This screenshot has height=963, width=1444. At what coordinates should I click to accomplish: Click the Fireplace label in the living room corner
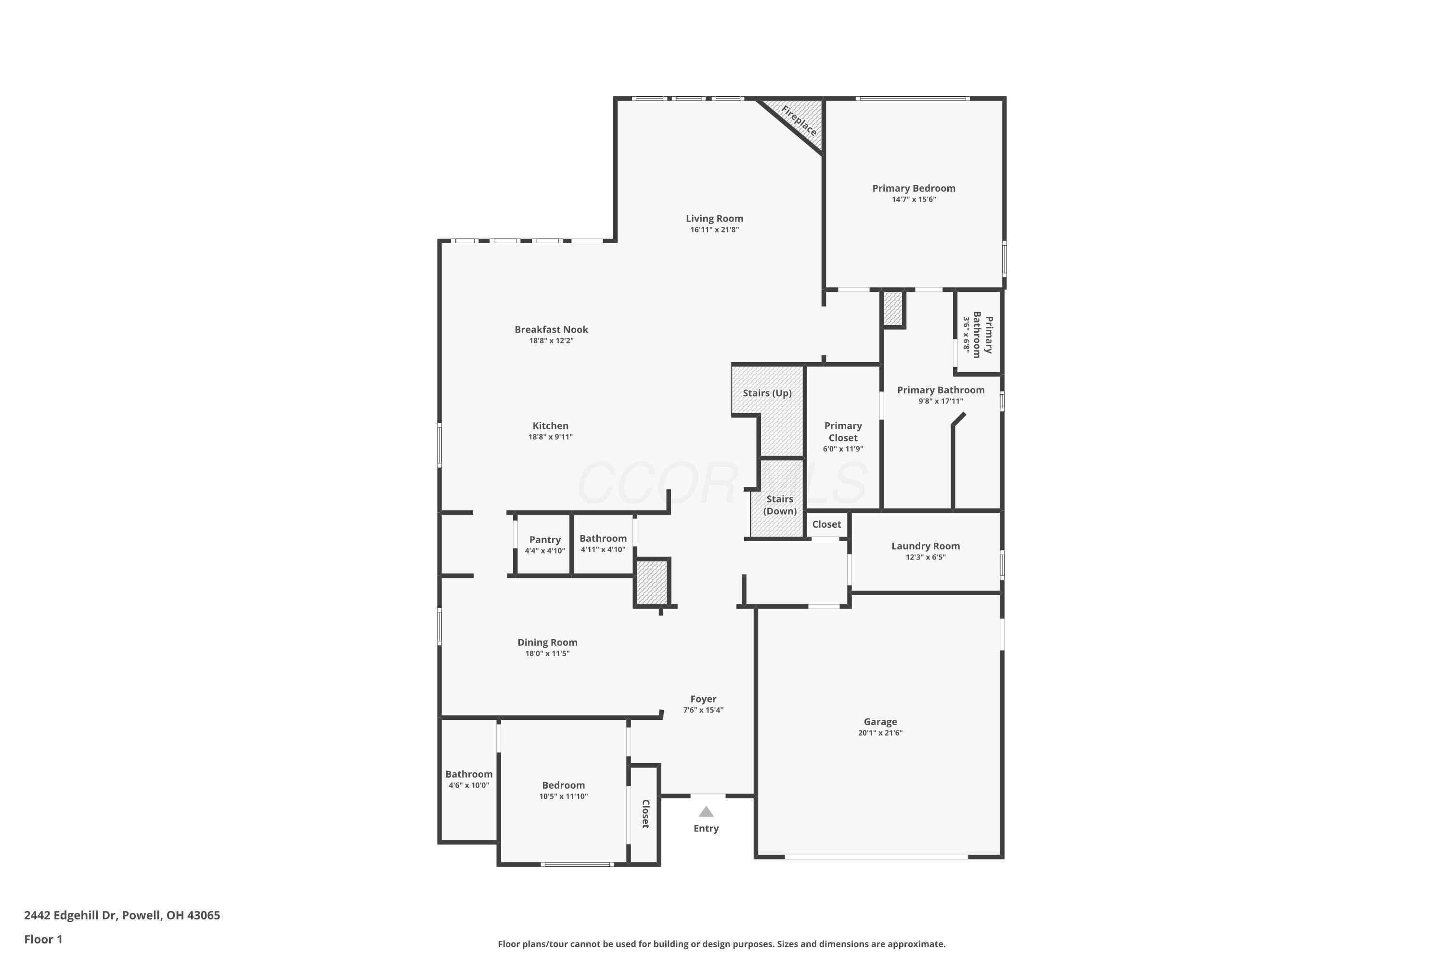[799, 120]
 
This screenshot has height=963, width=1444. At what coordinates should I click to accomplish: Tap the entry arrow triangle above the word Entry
[706, 812]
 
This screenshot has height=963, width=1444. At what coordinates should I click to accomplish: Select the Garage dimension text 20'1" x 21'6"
[880, 733]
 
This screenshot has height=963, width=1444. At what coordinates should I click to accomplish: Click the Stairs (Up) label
[767, 393]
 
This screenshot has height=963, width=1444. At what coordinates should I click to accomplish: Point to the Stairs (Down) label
[780, 505]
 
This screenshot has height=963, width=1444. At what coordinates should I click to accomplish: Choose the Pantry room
[544, 544]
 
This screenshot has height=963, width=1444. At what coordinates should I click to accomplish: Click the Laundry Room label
[925, 546]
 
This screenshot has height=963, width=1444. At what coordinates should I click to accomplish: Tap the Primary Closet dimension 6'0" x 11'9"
[843, 449]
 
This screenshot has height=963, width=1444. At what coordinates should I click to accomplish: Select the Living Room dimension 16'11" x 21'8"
[714, 230]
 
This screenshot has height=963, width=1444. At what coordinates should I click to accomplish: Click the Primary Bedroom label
[914, 189]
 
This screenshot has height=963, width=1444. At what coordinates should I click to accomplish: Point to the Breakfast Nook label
[551, 330]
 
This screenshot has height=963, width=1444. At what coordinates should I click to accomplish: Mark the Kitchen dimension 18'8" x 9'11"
[550, 437]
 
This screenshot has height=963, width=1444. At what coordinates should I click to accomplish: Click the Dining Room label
[547, 642]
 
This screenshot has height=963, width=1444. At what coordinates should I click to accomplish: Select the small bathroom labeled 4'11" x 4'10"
[603, 544]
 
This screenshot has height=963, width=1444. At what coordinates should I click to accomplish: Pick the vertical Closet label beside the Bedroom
[645, 814]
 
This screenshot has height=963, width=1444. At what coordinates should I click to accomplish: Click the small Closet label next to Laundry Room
[826, 524]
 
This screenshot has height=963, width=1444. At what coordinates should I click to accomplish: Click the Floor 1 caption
[43, 939]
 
